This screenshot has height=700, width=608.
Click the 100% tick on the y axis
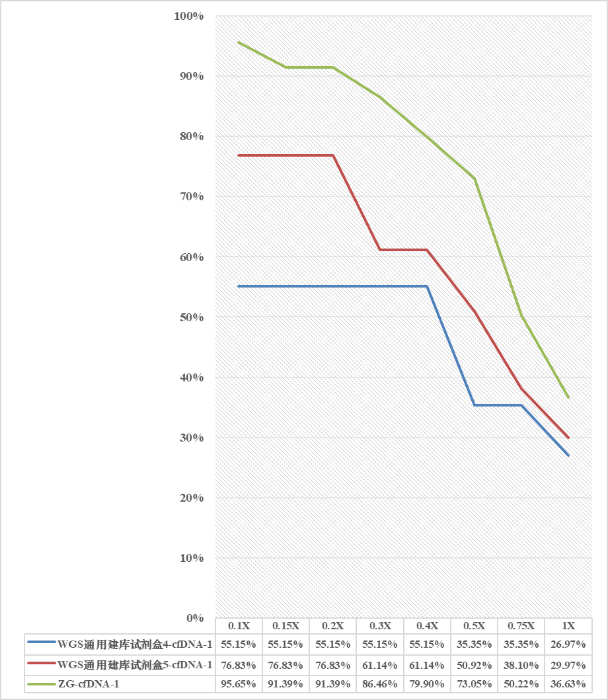click(190, 16)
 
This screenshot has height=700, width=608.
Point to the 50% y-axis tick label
click(192, 317)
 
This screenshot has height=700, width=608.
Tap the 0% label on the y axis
click(195, 619)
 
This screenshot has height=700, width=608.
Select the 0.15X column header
click(286, 626)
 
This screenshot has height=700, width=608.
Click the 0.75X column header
click(521, 626)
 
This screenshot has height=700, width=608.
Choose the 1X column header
click(568, 626)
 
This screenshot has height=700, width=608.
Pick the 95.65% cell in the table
click(239, 684)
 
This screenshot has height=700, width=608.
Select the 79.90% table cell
click(427, 684)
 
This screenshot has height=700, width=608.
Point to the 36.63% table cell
click(568, 684)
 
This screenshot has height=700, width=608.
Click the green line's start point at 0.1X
click(239, 42)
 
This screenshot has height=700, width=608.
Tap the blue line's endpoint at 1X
click(568, 455)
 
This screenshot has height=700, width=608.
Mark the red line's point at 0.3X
click(380, 250)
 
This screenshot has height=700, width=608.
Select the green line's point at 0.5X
click(474, 178)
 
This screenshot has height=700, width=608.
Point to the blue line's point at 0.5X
click(474, 405)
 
